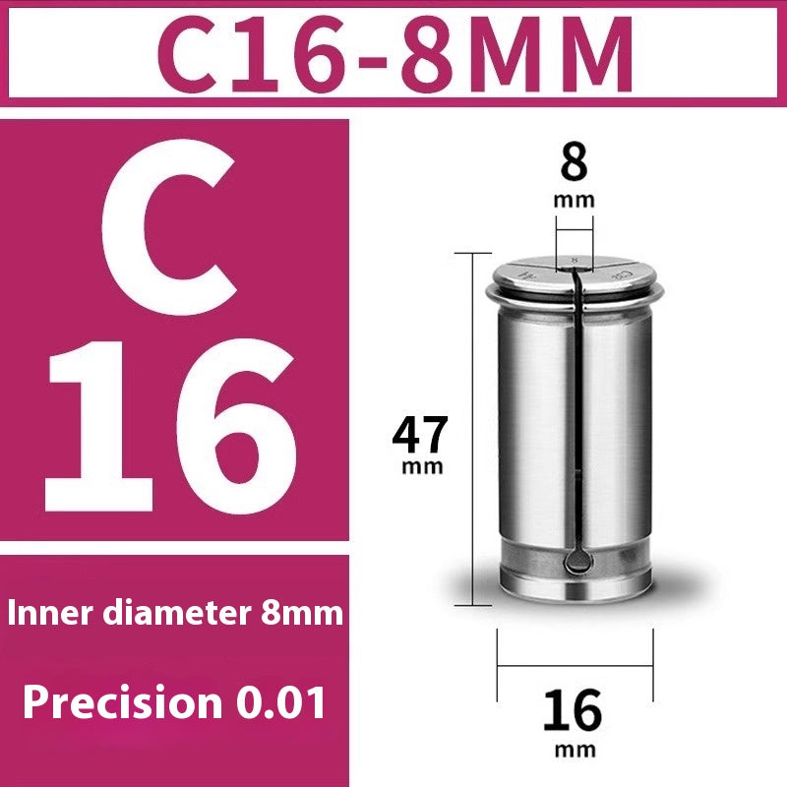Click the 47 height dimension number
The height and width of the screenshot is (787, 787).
coord(420,434)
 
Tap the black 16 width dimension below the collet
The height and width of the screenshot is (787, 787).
coord(574,711)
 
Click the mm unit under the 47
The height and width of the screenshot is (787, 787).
coord(422,466)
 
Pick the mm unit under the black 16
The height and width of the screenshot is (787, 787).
coord(574,750)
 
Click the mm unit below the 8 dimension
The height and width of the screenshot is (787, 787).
coord(574,199)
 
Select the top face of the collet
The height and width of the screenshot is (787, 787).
coord(574,268)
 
